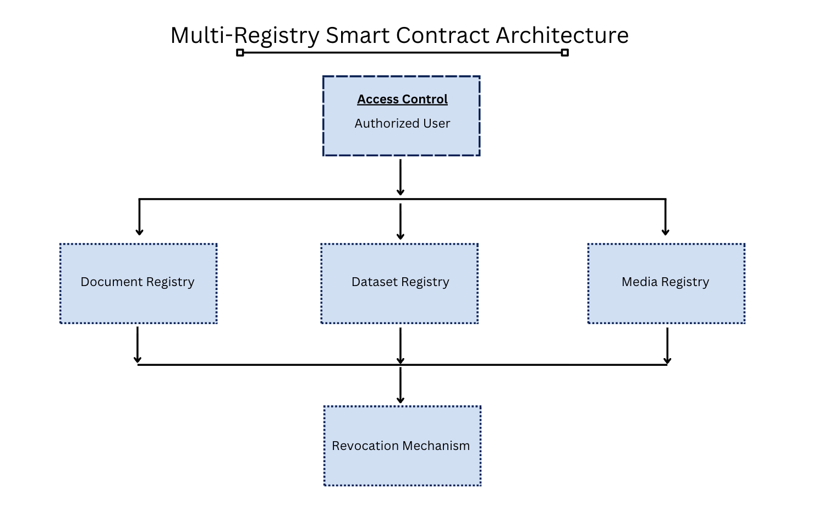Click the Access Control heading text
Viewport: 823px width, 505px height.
(x=402, y=99)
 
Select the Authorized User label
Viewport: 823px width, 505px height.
(x=402, y=123)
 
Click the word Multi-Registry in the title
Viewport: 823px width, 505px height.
(x=245, y=36)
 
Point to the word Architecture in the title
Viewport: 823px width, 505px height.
(x=562, y=36)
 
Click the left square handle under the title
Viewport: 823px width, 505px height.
(x=240, y=53)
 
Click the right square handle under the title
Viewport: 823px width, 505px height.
(x=564, y=53)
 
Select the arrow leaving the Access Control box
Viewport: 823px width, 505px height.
(x=400, y=176)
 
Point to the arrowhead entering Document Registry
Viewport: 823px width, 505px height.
(x=139, y=232)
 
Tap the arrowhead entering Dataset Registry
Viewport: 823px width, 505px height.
(x=400, y=236)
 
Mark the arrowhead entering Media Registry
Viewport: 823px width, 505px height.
(x=665, y=232)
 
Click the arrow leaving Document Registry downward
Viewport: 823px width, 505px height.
(x=138, y=344)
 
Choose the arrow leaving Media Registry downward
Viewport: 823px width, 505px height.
(x=667, y=345)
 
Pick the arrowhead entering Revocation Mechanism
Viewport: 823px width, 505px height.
(x=400, y=400)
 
